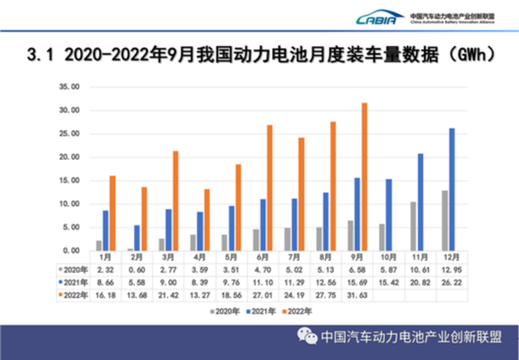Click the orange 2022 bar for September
[364, 176]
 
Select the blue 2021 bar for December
[452, 189]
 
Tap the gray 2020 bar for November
[413, 226]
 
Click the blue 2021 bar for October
[389, 215]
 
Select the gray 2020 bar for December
[445, 220]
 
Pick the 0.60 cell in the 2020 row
[136, 270]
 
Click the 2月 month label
[136, 258]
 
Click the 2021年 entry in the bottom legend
[260, 312]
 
